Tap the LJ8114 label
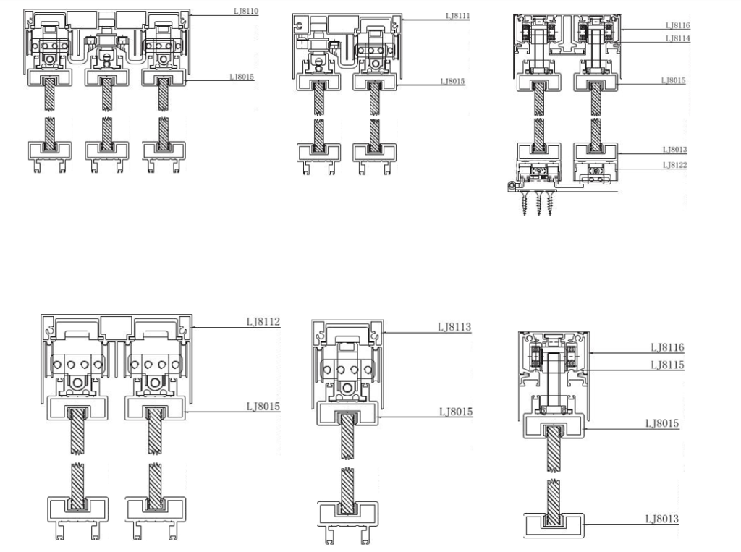click(676, 38)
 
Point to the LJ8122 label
click(674, 166)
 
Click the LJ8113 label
click(454, 327)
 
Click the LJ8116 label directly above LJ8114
click(676, 25)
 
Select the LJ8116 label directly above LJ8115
click(666, 348)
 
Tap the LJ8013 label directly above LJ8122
click(674, 150)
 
